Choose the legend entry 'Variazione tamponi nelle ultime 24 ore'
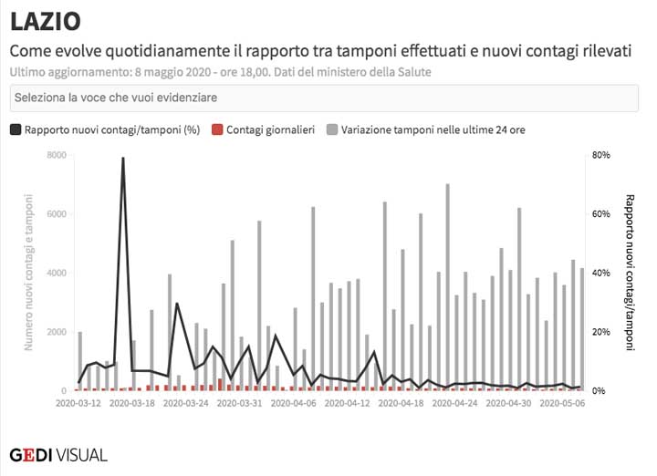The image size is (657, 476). [x=433, y=130]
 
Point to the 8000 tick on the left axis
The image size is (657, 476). [x=56, y=156]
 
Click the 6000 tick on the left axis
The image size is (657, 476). [x=56, y=214]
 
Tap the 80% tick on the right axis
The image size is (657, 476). [x=600, y=156]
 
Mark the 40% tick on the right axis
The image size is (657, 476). [x=600, y=274]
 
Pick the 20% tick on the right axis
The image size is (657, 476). [x=600, y=332]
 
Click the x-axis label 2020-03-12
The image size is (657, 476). [x=78, y=402]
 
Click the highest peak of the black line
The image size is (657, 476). [x=123, y=158]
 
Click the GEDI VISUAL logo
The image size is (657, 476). [x=57, y=453]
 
